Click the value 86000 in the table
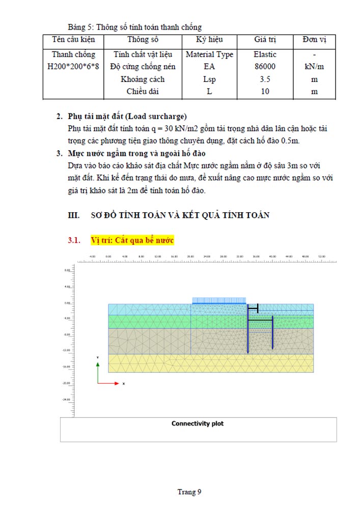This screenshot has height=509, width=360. [265, 67]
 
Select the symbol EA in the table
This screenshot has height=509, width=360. [209, 67]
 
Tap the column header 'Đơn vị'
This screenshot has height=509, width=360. [314, 40]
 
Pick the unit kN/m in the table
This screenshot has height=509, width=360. [314, 67]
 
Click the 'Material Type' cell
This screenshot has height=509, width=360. [209, 54]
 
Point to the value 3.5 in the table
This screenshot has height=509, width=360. [265, 79]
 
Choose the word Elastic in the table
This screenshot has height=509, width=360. [265, 54]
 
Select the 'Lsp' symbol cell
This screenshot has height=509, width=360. [209, 79]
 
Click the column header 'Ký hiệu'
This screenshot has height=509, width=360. [209, 40]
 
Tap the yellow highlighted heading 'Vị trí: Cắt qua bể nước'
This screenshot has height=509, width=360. [132, 240]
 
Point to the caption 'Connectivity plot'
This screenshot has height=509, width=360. [198, 423]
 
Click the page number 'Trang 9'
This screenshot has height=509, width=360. [189, 492]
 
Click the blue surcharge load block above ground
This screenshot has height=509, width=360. [219, 300]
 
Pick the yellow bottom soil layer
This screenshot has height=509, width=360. [210, 363]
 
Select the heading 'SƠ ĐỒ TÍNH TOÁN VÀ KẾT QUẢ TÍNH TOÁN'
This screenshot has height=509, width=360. [179, 215]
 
